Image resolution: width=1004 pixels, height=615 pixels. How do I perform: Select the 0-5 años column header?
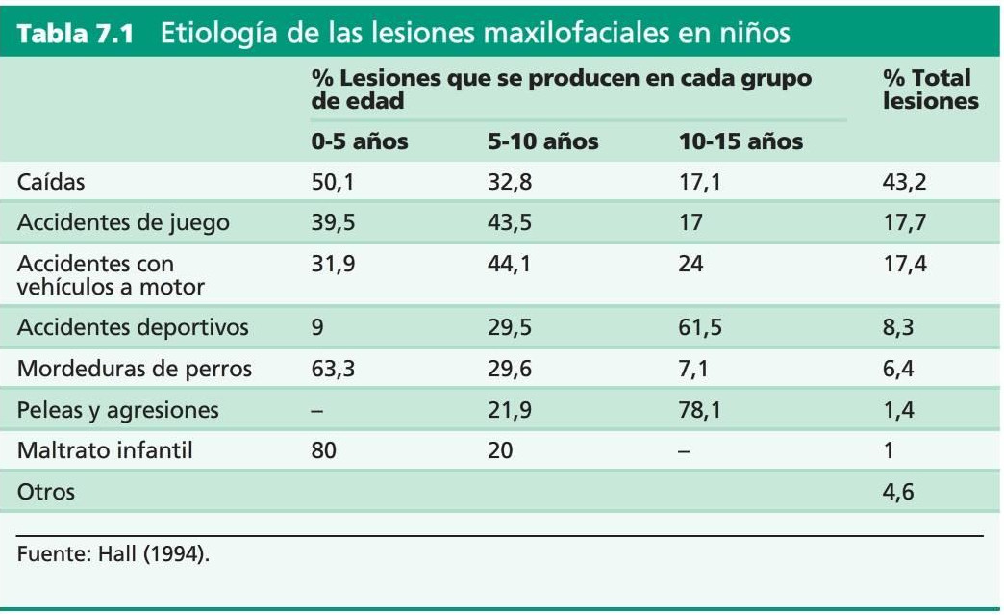[x=359, y=142]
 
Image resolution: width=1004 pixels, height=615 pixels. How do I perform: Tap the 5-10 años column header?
[x=542, y=142]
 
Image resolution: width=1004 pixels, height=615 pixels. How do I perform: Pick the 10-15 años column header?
[x=740, y=142]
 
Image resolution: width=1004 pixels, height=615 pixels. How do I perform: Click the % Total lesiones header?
[x=929, y=89]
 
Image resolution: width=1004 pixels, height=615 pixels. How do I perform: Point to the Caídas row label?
[x=52, y=183]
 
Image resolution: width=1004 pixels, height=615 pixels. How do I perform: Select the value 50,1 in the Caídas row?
[x=333, y=183]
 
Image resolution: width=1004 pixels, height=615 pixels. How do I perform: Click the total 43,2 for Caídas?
[x=904, y=183]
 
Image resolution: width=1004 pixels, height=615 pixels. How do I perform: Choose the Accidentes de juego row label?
[x=123, y=223]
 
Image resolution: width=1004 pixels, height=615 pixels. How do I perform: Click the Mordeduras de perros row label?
[x=135, y=370]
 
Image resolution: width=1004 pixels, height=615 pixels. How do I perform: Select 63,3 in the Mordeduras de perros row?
[x=333, y=370]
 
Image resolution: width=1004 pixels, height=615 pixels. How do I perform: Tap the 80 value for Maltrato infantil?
[x=324, y=451]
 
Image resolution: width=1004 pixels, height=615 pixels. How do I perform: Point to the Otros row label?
[x=45, y=493]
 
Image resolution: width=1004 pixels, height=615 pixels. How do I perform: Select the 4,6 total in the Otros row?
[x=898, y=493]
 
